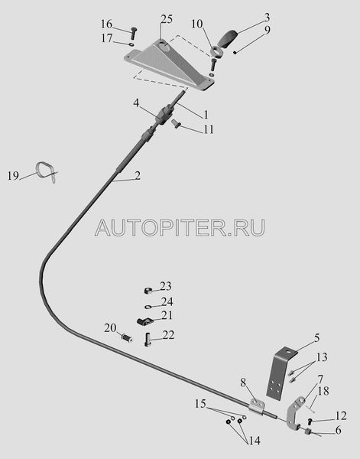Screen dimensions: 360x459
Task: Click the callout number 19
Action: coord(13,176)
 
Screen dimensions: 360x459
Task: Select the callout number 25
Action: coord(167,20)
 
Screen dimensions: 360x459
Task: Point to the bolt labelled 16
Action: coord(134,34)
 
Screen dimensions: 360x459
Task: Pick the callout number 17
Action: coord(107,38)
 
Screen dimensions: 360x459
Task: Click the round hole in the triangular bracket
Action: coord(165,47)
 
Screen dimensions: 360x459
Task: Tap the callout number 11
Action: coord(209,129)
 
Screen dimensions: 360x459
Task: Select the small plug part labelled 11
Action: coord(177,124)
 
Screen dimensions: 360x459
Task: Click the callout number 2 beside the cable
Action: coord(138,176)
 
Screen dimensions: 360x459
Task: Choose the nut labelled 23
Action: coord(149,291)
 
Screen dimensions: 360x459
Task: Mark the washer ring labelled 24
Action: coord(148,307)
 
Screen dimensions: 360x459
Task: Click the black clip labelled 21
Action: coord(144,321)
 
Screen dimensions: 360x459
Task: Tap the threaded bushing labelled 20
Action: coord(127,339)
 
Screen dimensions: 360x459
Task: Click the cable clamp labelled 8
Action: coord(257,407)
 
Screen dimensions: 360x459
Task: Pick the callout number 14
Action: coord(255,441)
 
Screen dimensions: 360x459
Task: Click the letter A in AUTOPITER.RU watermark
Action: coord(105,228)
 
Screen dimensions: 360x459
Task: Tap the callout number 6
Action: coord(338,430)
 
